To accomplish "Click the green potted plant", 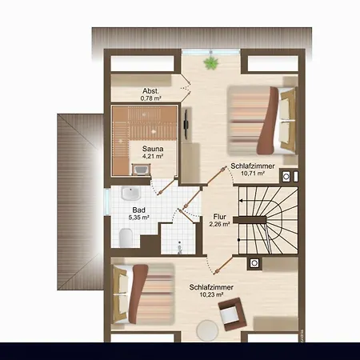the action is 211,63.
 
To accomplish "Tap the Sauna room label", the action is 153,149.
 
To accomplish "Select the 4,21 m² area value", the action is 153,156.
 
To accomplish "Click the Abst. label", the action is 150,91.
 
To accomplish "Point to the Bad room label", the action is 139,210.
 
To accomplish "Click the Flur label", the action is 219,217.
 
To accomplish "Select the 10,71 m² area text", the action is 253,174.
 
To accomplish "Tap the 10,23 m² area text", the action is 211,294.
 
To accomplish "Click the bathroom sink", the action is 130,194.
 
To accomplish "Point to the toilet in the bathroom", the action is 126,238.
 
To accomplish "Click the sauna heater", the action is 141,170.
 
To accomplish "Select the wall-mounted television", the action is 186,123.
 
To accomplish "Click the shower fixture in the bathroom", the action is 179,247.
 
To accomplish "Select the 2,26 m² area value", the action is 219,224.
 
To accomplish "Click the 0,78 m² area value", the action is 150,98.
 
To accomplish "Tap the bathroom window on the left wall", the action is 107,202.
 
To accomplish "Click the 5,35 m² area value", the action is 139,218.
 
